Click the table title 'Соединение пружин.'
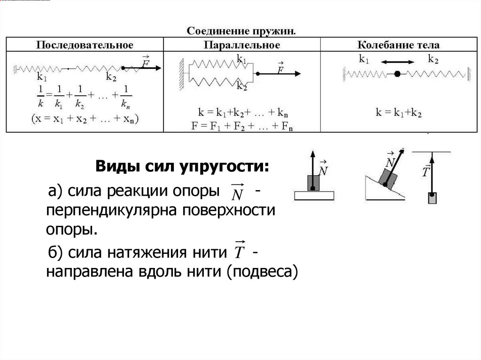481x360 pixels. (x=242, y=31)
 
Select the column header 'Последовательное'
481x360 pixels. (x=85, y=45)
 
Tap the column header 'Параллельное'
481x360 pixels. (x=242, y=45)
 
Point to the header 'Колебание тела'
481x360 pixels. (x=398, y=45)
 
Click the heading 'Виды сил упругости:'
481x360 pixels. (x=183, y=167)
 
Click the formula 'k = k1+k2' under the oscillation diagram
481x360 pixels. (x=399, y=113)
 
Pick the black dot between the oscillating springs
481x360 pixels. (x=398, y=74)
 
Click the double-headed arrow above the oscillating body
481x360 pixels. (x=397, y=61)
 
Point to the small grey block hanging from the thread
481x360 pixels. (x=432, y=197)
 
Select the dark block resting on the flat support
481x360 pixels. (x=312, y=183)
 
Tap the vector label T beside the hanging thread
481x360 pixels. (x=426, y=171)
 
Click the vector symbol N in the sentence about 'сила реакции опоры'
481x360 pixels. (x=238, y=192)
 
